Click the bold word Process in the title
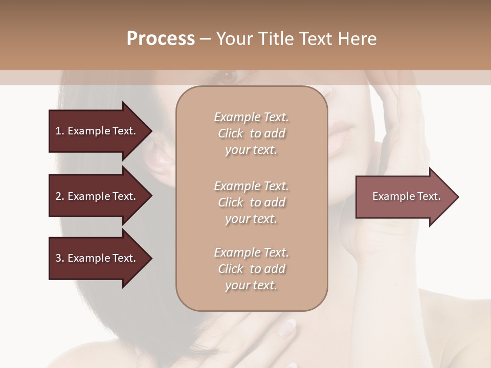coord(161,39)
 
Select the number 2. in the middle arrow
coord(59,196)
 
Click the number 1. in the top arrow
coord(59,131)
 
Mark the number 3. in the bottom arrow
coord(59,258)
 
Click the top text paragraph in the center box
coord(251,133)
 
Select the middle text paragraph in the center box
coord(251,202)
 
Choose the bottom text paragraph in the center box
coord(251,269)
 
